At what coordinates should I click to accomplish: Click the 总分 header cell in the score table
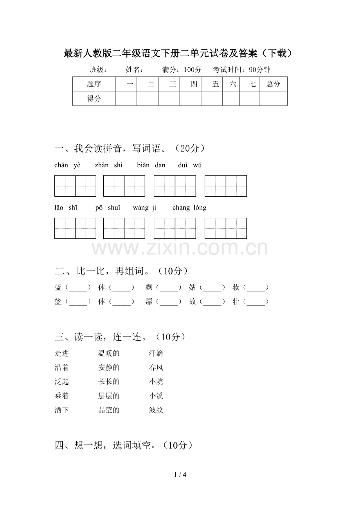pos(273,84)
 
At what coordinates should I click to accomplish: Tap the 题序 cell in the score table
pos(94,84)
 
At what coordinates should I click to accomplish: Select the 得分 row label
pos(94,99)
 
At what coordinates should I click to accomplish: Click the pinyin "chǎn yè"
pos(67,165)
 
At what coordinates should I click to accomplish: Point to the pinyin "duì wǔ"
pos(190,165)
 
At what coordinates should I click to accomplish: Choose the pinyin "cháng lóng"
pos(189,208)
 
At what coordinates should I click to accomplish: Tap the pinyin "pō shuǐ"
pos(108,208)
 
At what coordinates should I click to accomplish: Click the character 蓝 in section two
pos(58,288)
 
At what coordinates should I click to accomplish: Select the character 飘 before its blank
pos(149,288)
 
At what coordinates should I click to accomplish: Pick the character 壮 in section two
pos(236,302)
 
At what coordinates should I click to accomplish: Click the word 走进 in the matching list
pos(62,354)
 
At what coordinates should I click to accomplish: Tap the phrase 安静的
pos(109,368)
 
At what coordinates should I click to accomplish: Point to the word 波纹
pos(156,410)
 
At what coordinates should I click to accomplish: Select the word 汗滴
pos(156,354)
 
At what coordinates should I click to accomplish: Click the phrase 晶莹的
pos(109,410)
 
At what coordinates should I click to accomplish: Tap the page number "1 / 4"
pos(180,475)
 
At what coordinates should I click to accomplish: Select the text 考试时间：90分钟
pos(241,70)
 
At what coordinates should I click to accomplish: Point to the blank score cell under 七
pos(249,99)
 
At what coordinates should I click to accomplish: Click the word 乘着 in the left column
pos(62,396)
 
